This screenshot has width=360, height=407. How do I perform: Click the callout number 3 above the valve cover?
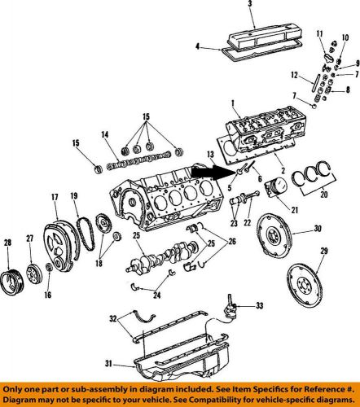tap(251, 6)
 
